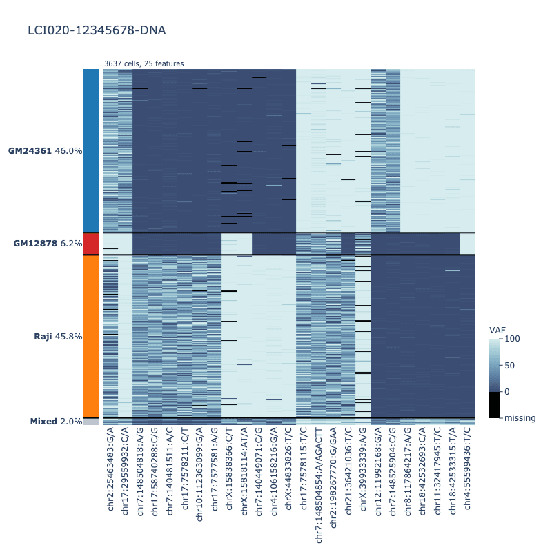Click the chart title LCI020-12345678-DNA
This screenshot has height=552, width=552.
point(97,31)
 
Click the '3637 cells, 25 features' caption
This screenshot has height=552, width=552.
point(144,63)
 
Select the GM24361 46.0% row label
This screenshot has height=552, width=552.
point(46,150)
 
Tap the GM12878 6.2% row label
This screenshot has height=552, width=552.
point(48,244)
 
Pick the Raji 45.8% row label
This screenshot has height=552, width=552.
point(58,337)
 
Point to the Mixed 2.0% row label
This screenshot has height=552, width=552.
point(56,422)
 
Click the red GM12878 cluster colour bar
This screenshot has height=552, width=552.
point(91,244)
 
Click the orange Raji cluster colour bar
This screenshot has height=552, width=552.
point(91,337)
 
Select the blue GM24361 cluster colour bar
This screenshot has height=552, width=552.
point(91,150)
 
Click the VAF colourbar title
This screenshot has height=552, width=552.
point(497,330)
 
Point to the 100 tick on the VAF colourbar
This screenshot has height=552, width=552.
point(512,339)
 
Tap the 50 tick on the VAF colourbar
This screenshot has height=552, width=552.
point(509,365)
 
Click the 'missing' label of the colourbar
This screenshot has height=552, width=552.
point(520,417)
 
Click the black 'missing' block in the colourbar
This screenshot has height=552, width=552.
point(494,404)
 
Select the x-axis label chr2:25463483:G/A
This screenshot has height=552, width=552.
point(110,472)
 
